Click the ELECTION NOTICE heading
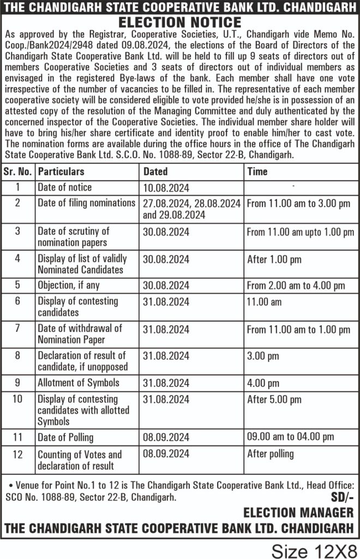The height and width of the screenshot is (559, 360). pos(180,22)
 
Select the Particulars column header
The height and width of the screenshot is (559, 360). pos(61,171)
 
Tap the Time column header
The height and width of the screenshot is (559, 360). pos(257,171)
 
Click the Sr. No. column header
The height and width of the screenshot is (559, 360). pos(18,171)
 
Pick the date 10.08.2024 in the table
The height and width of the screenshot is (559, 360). pos(166,188)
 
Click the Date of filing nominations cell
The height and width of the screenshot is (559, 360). pos(86,203)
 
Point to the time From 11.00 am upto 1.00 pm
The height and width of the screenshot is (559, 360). pos(301,232)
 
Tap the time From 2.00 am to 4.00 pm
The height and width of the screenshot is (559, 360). pos(296,286)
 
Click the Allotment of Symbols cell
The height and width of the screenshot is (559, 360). pos(78,383)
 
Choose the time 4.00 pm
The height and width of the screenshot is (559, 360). pos(263,383)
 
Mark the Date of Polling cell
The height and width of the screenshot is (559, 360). pos(65,437)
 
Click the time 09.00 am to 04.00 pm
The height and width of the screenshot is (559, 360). pos(290,437)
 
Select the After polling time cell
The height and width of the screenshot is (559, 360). pos(271,454)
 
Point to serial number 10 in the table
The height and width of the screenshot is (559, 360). pos(17,399)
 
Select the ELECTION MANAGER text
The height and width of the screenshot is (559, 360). pos(298,513)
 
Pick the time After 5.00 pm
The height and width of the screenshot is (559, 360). pos(274,399)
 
